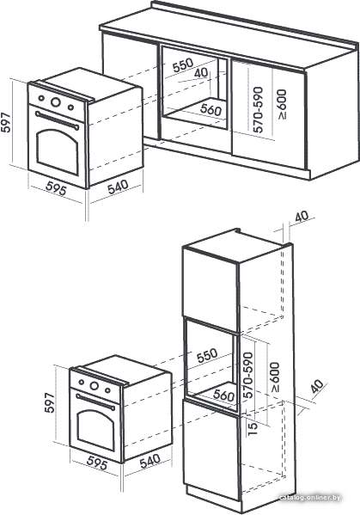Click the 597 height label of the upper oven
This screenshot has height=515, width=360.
(x=6, y=123)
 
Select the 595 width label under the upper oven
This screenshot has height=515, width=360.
(x=56, y=189)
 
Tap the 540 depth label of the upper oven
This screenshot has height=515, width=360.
(x=118, y=187)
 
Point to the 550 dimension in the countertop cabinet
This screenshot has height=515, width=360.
(x=183, y=64)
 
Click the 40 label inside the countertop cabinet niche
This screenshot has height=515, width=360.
(x=201, y=73)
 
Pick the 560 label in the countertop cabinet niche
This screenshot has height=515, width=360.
(x=211, y=109)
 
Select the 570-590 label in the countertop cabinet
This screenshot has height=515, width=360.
(x=258, y=109)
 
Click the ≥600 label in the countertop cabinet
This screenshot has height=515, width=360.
(x=282, y=104)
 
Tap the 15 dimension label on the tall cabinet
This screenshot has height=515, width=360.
(x=253, y=429)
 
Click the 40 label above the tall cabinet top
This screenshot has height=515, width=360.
(x=302, y=217)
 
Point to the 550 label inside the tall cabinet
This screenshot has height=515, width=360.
(x=207, y=355)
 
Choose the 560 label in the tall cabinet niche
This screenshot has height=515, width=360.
(x=223, y=395)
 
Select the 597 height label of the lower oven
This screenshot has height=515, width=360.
(x=50, y=402)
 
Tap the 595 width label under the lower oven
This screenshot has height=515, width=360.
(x=97, y=463)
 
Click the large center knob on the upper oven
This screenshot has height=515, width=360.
(x=56, y=102)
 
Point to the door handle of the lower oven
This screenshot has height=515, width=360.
(x=95, y=402)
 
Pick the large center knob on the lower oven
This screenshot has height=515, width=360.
(x=95, y=386)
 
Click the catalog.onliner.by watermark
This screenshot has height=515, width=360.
(x=310, y=498)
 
